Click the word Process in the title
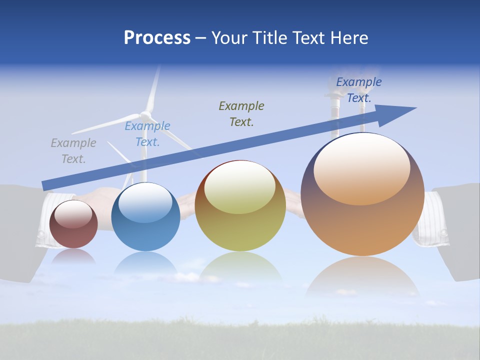(x=157, y=38)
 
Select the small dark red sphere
(x=73, y=224)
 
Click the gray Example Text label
(x=73, y=151)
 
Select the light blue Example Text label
(x=147, y=134)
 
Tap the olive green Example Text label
(x=241, y=114)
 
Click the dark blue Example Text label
(x=358, y=90)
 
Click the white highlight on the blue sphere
(x=145, y=202)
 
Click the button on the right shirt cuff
(x=443, y=233)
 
